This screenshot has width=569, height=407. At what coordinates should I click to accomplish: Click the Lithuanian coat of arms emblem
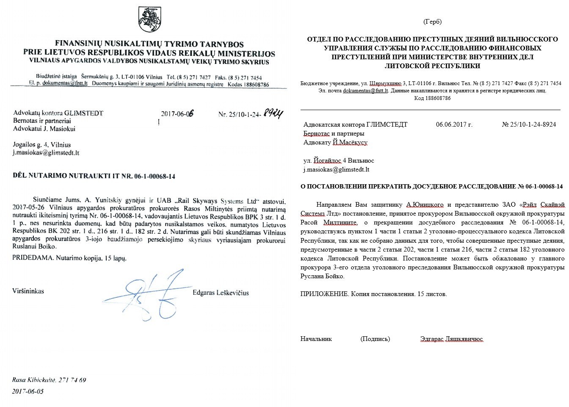pyautogui.click(x=148, y=20)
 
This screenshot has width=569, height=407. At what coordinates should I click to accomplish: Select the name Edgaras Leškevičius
pyautogui.click(x=221, y=293)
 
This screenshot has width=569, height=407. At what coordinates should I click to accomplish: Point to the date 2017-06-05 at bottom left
pyautogui.click(x=28, y=391)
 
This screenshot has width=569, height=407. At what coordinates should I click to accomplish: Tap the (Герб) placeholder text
pyautogui.click(x=432, y=22)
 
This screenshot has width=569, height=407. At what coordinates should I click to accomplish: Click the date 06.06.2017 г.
pyautogui.click(x=454, y=125)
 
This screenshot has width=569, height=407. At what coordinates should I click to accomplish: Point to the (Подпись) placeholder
pyautogui.click(x=375, y=339)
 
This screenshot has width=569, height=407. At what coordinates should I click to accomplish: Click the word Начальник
pyautogui.click(x=316, y=339)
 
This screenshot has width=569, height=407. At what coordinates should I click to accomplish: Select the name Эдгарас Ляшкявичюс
pyautogui.click(x=452, y=339)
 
